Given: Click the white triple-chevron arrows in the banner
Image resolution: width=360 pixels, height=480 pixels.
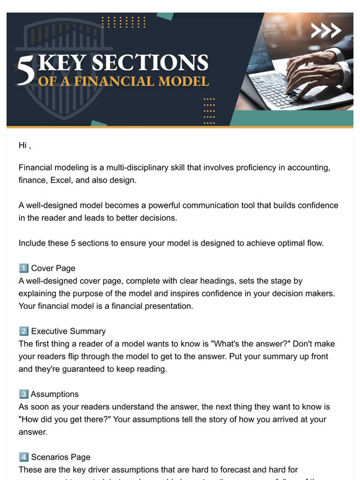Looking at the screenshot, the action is coord(326,30).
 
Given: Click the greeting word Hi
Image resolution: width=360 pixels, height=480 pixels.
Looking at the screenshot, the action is coord(23,146).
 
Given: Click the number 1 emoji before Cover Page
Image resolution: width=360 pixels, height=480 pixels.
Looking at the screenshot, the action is coord(24,269).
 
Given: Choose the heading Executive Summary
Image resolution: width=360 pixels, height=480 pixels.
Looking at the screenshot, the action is coord(68,331).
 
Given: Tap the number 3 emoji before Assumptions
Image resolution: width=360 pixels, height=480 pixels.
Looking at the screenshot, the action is coord(24,394).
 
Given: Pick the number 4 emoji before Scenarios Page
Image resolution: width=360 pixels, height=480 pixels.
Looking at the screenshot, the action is coord(24,457).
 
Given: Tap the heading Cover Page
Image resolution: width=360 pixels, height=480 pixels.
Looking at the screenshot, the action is coord(53,269).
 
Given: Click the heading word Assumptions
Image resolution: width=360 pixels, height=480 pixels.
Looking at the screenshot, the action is coord(55,394).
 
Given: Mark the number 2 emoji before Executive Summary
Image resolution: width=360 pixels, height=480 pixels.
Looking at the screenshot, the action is coord(24,331).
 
